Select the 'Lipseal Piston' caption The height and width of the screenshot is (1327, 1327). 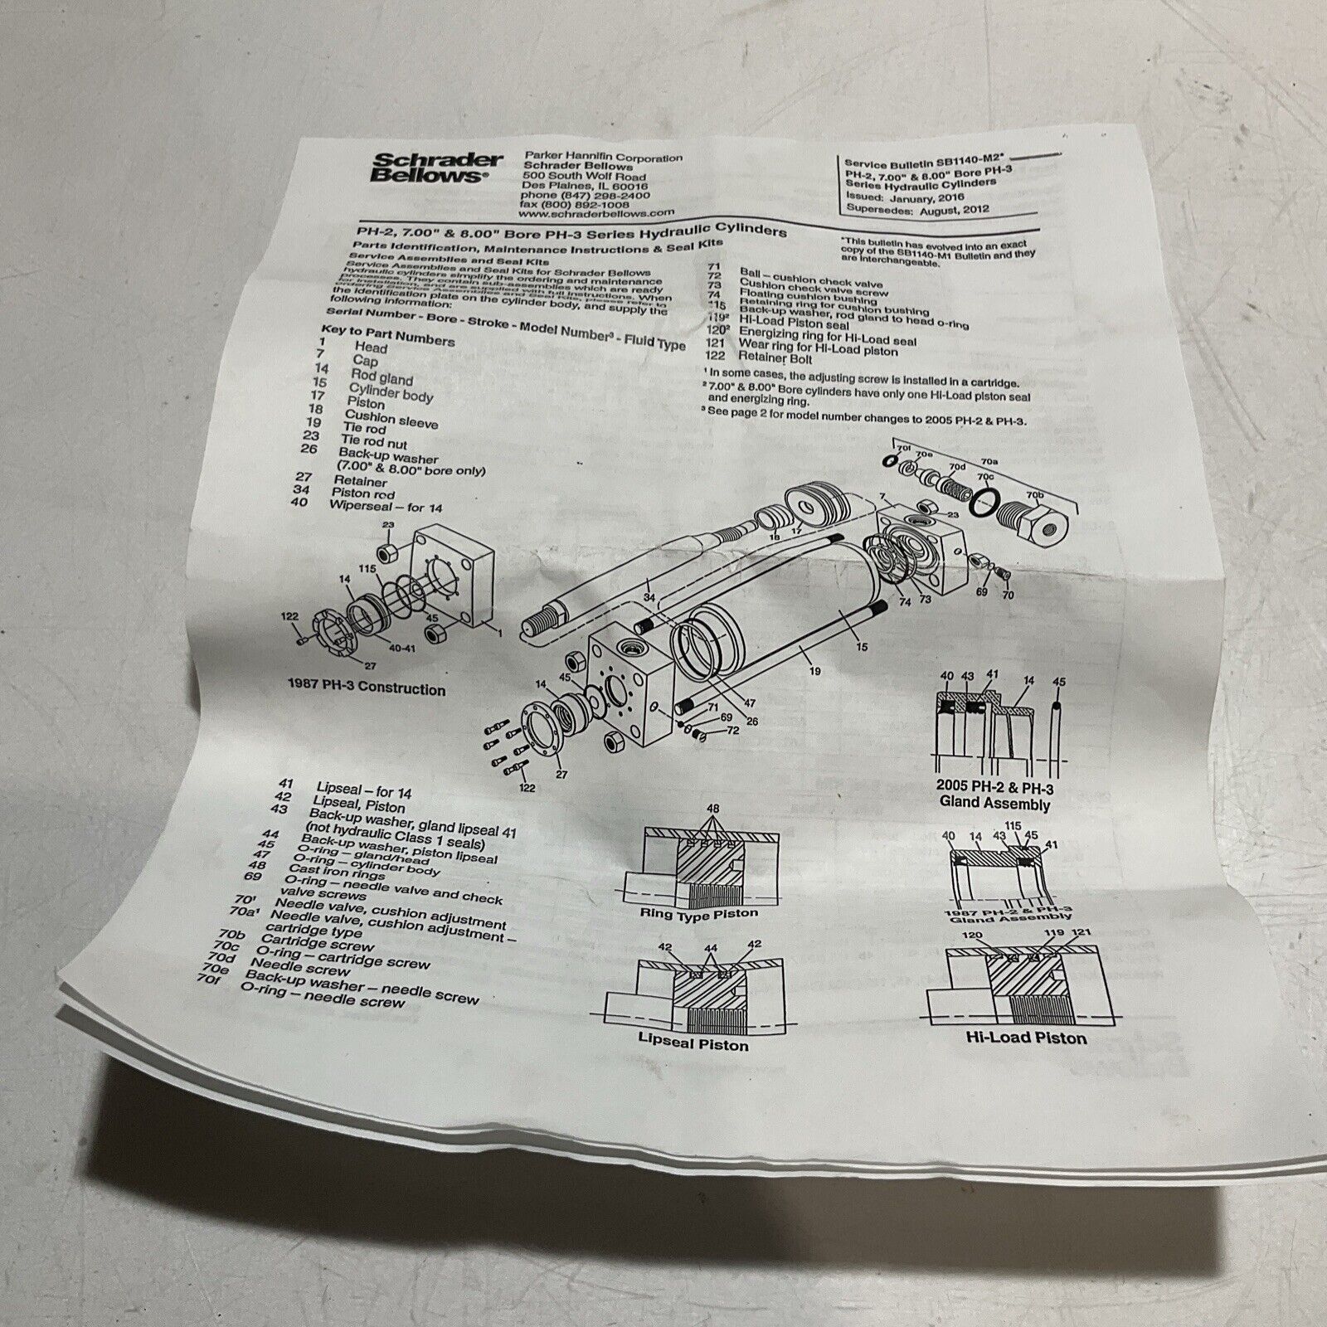click(693, 1042)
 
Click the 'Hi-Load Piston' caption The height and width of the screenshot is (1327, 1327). click(1026, 1037)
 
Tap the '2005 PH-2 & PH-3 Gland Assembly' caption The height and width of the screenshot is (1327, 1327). click(994, 795)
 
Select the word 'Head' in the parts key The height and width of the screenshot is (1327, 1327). click(371, 348)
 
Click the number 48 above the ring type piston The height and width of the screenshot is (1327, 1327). click(712, 808)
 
